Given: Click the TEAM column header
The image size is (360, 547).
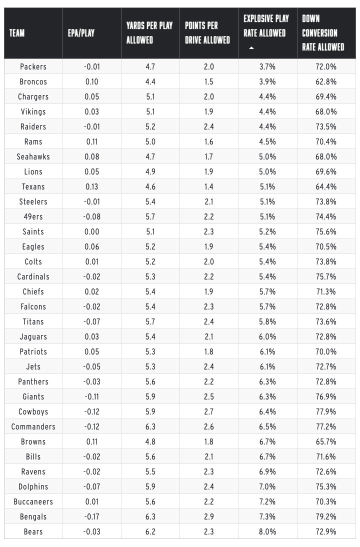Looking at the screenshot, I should coord(17,33).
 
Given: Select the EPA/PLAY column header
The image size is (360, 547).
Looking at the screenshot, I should coord(81,33).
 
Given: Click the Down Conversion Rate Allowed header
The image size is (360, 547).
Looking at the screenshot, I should coord(323,33).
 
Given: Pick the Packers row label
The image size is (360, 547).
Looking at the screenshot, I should coord(33,66).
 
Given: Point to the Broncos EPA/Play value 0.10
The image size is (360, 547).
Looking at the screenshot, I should coord(92,81).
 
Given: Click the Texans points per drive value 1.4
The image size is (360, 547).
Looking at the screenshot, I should coord(209,186).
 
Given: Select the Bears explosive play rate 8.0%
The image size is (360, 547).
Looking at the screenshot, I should coord(267,531).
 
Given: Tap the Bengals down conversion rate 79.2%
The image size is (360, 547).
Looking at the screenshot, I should coord(326,516).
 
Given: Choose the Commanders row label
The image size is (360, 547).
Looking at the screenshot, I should coord(33,426).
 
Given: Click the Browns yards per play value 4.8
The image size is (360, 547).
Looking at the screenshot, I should coord(150,441).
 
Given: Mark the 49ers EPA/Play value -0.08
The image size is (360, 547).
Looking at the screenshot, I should coord(92,216).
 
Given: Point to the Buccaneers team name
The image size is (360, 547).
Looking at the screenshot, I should coord(33,501).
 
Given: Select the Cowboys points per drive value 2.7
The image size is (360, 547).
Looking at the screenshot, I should coord(209,411).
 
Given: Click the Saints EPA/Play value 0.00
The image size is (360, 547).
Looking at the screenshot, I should coord(92,231).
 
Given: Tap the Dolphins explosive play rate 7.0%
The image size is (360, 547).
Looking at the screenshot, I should coord(267,486).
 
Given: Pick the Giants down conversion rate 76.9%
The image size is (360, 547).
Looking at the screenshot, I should coord(326,396).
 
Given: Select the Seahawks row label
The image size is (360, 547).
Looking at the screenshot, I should coord(33,156).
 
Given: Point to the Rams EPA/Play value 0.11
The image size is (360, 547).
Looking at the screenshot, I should coord(92,141).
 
